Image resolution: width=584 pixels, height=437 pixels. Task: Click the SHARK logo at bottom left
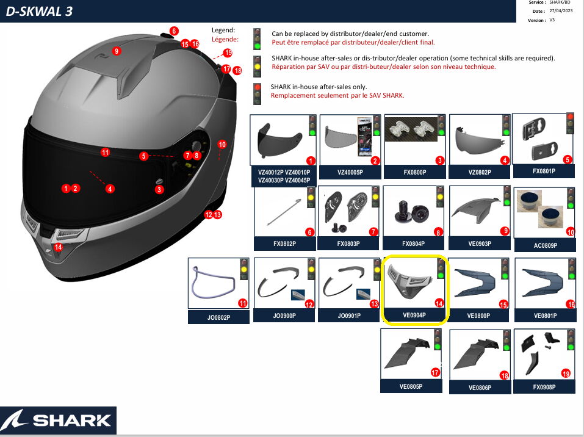point(58,420)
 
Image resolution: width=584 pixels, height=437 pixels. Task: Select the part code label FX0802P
point(284,244)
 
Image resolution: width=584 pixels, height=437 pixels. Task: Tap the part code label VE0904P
point(414,316)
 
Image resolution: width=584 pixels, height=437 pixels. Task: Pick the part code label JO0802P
point(218,317)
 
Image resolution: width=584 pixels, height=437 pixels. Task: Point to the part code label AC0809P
point(544,245)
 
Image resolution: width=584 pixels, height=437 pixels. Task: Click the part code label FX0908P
point(544,387)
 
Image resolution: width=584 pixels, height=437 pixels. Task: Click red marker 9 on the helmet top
point(117,51)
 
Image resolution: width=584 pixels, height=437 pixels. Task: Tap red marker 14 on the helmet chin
point(58,247)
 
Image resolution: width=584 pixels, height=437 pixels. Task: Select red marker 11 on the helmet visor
point(105,153)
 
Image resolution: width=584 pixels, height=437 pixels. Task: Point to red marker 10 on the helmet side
point(222,145)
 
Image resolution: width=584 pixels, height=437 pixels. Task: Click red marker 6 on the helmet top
point(174,31)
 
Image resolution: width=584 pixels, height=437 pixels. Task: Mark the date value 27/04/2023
point(561,11)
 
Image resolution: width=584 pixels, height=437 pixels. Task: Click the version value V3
point(552,20)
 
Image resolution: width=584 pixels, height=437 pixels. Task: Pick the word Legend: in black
point(223,30)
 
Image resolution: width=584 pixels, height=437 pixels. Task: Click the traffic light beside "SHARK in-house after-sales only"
point(258,92)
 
